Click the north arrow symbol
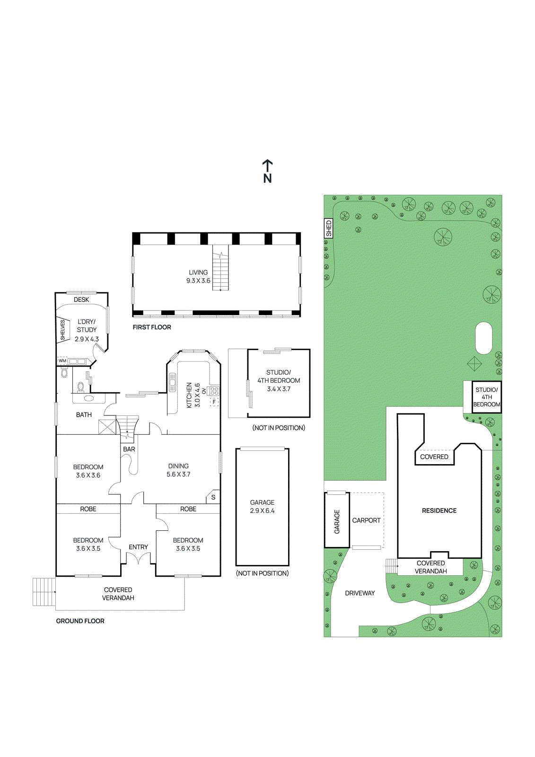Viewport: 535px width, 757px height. coord(267,171)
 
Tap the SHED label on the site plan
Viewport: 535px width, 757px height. coord(329,229)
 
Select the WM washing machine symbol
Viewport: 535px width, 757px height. coord(62,361)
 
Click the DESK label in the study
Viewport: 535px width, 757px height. coord(81,299)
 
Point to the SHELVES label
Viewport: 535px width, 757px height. coord(62,330)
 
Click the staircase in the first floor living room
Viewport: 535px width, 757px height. coord(220,268)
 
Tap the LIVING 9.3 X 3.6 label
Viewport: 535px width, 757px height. coord(198,276)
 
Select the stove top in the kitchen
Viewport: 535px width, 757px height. coord(214,391)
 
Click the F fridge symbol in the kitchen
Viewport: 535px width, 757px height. coord(214,402)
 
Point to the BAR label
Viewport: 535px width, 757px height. coord(129,449)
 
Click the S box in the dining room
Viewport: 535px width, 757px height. coord(213,497)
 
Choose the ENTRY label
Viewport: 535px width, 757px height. coord(138,547)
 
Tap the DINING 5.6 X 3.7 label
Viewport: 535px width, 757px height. coord(178,470)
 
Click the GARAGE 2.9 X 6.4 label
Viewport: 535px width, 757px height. coord(262,506)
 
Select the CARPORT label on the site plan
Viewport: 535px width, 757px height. coord(366,520)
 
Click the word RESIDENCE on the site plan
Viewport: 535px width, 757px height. coord(439,511)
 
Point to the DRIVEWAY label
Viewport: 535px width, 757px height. coord(360,593)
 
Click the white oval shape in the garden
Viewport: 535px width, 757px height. coord(483,338)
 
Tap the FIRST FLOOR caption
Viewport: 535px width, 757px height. coord(152,327)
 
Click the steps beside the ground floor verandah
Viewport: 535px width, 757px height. coord(44,592)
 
